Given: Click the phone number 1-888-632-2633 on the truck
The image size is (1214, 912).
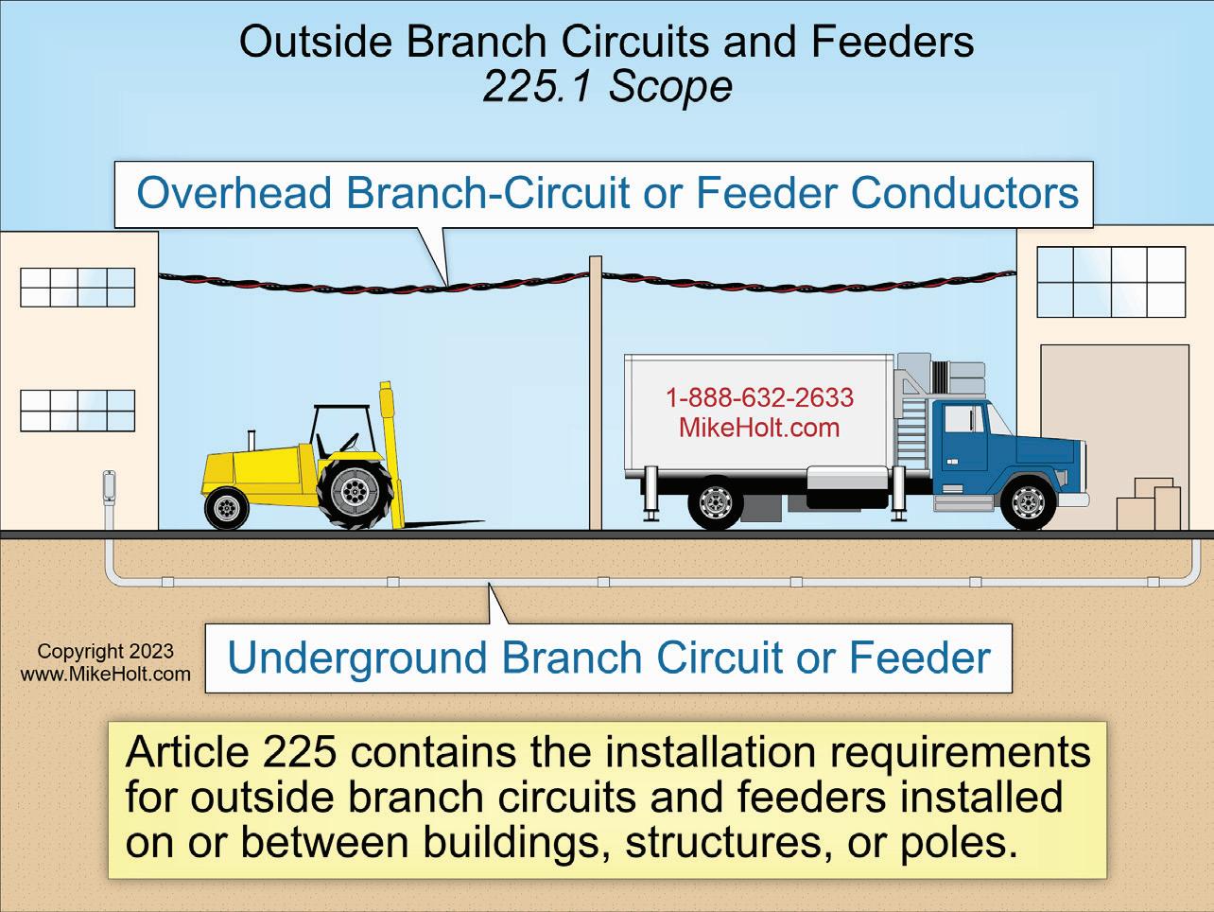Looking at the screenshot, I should click(x=759, y=397).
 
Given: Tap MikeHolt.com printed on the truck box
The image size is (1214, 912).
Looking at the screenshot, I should click(x=759, y=428).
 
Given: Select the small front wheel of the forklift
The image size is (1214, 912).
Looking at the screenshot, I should click(x=227, y=509).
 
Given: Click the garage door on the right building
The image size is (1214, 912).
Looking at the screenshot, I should click(x=1114, y=416).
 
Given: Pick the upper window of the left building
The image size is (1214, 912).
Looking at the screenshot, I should click(x=78, y=288).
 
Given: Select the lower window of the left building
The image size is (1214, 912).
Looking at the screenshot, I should click(x=78, y=410).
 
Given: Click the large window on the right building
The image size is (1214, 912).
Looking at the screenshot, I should click(x=1111, y=281).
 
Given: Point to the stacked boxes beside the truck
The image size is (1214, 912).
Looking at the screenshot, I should click(x=1149, y=505).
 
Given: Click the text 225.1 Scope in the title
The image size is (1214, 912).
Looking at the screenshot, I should click(x=607, y=87).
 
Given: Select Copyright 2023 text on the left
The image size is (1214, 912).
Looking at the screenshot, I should click(x=105, y=651).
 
